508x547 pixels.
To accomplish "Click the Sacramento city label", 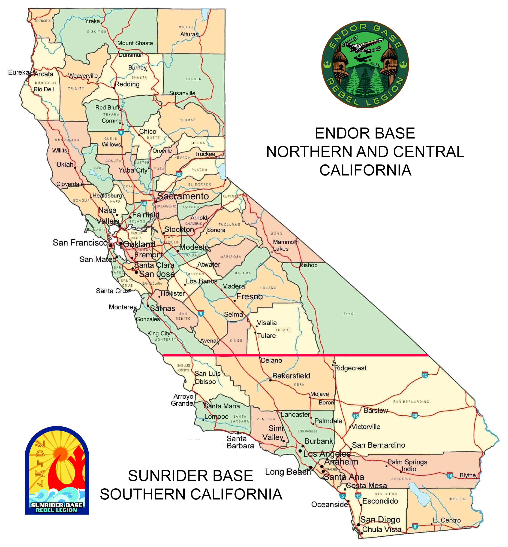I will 183,196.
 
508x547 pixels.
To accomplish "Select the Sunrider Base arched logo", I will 57,471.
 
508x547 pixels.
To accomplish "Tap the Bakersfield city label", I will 291,376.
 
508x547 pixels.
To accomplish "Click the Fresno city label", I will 249,297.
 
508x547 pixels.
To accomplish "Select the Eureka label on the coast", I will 19,72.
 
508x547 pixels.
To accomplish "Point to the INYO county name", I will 349,314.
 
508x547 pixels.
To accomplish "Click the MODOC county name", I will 186,27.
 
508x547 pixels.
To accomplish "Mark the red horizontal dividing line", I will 295,355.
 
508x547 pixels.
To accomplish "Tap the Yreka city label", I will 92,21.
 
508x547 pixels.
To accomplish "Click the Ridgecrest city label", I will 351,368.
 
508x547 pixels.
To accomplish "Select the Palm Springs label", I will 407,462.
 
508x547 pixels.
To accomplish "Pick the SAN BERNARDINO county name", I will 411,402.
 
